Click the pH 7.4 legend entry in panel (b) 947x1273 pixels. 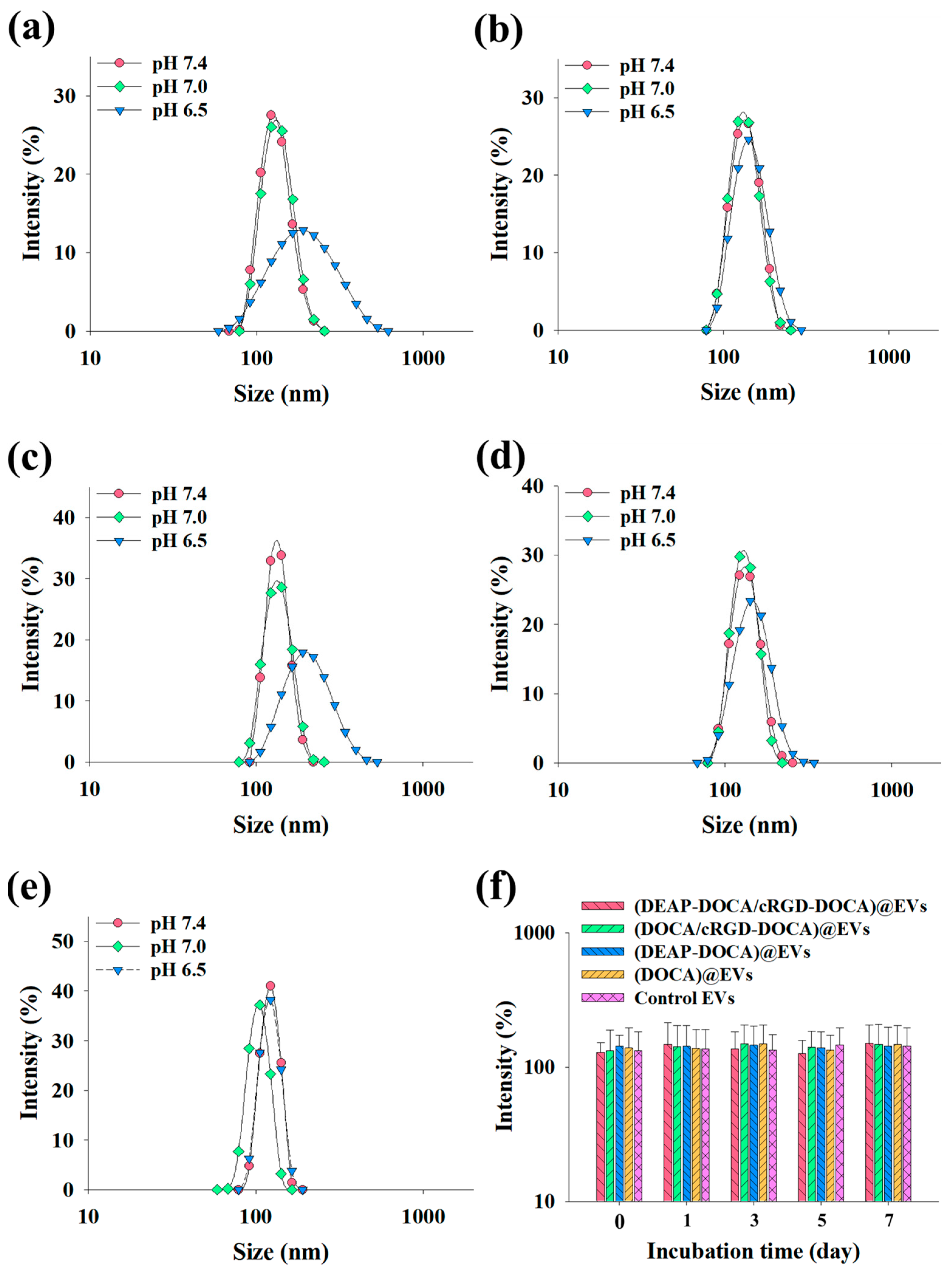pos(647,66)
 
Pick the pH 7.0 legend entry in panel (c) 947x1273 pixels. pos(179,517)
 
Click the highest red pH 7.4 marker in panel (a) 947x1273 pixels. pos(271,115)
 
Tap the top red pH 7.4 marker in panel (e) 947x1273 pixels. pos(270,986)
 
